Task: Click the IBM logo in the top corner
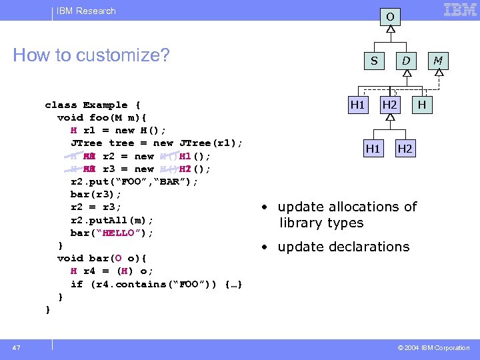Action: pyautogui.click(x=460, y=10)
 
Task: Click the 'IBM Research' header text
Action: pyautogui.click(x=86, y=11)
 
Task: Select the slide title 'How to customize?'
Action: pyautogui.click(x=91, y=55)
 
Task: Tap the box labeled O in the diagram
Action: pyautogui.click(x=390, y=16)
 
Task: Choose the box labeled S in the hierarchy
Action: pyautogui.click(x=374, y=61)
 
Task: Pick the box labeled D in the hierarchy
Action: pyautogui.click(x=405, y=61)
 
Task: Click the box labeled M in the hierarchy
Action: pyautogui.click(x=438, y=61)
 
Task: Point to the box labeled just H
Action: pyautogui.click(x=422, y=105)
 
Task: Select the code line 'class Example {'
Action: pyautogui.click(x=92, y=105)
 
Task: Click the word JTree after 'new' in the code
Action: pyautogui.click(x=199, y=143)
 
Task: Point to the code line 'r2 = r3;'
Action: pyautogui.click(x=96, y=207)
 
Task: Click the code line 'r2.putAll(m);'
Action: pyautogui.click(x=112, y=220)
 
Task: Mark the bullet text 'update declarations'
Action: pyautogui.click(x=343, y=247)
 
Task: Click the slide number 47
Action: pyautogui.click(x=17, y=348)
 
